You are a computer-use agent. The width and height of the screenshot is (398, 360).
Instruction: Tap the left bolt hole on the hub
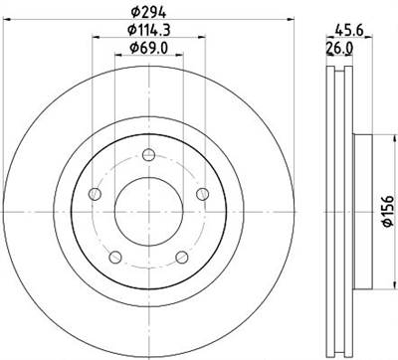(x=96, y=193)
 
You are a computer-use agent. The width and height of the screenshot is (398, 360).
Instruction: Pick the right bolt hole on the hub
(x=202, y=193)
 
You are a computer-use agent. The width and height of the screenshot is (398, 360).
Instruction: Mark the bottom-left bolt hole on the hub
(x=115, y=258)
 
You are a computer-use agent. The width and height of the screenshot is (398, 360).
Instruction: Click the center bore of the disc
(x=148, y=210)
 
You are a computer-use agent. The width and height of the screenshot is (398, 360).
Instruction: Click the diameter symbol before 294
(x=132, y=13)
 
